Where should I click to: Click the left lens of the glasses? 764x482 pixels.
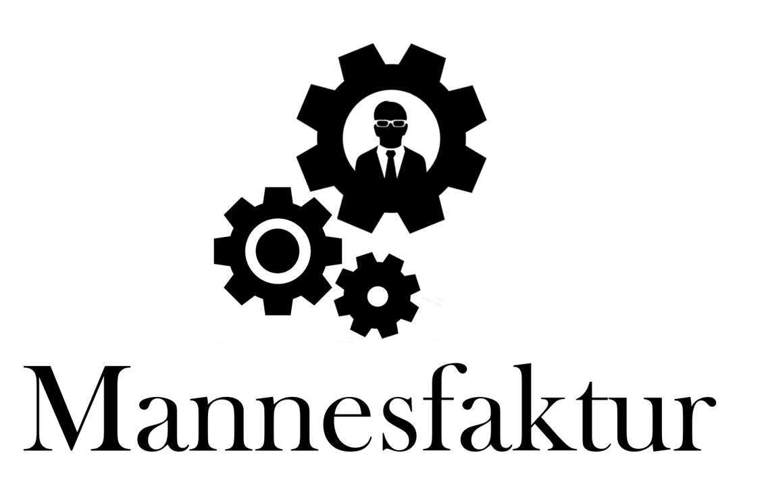pos(383,124)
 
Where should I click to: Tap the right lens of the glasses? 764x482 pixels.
pos(399,124)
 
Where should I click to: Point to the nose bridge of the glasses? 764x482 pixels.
pos(390,122)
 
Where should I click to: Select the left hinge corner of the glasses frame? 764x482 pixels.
pos(375,122)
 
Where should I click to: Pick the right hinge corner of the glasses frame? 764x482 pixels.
pos(406,122)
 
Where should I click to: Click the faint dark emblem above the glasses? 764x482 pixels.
pos(390,109)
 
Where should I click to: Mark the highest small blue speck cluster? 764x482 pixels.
pos(263,228)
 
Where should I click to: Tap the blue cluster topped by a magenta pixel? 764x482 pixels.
pos(302,242)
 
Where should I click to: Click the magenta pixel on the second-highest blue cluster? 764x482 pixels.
pos(298,239)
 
